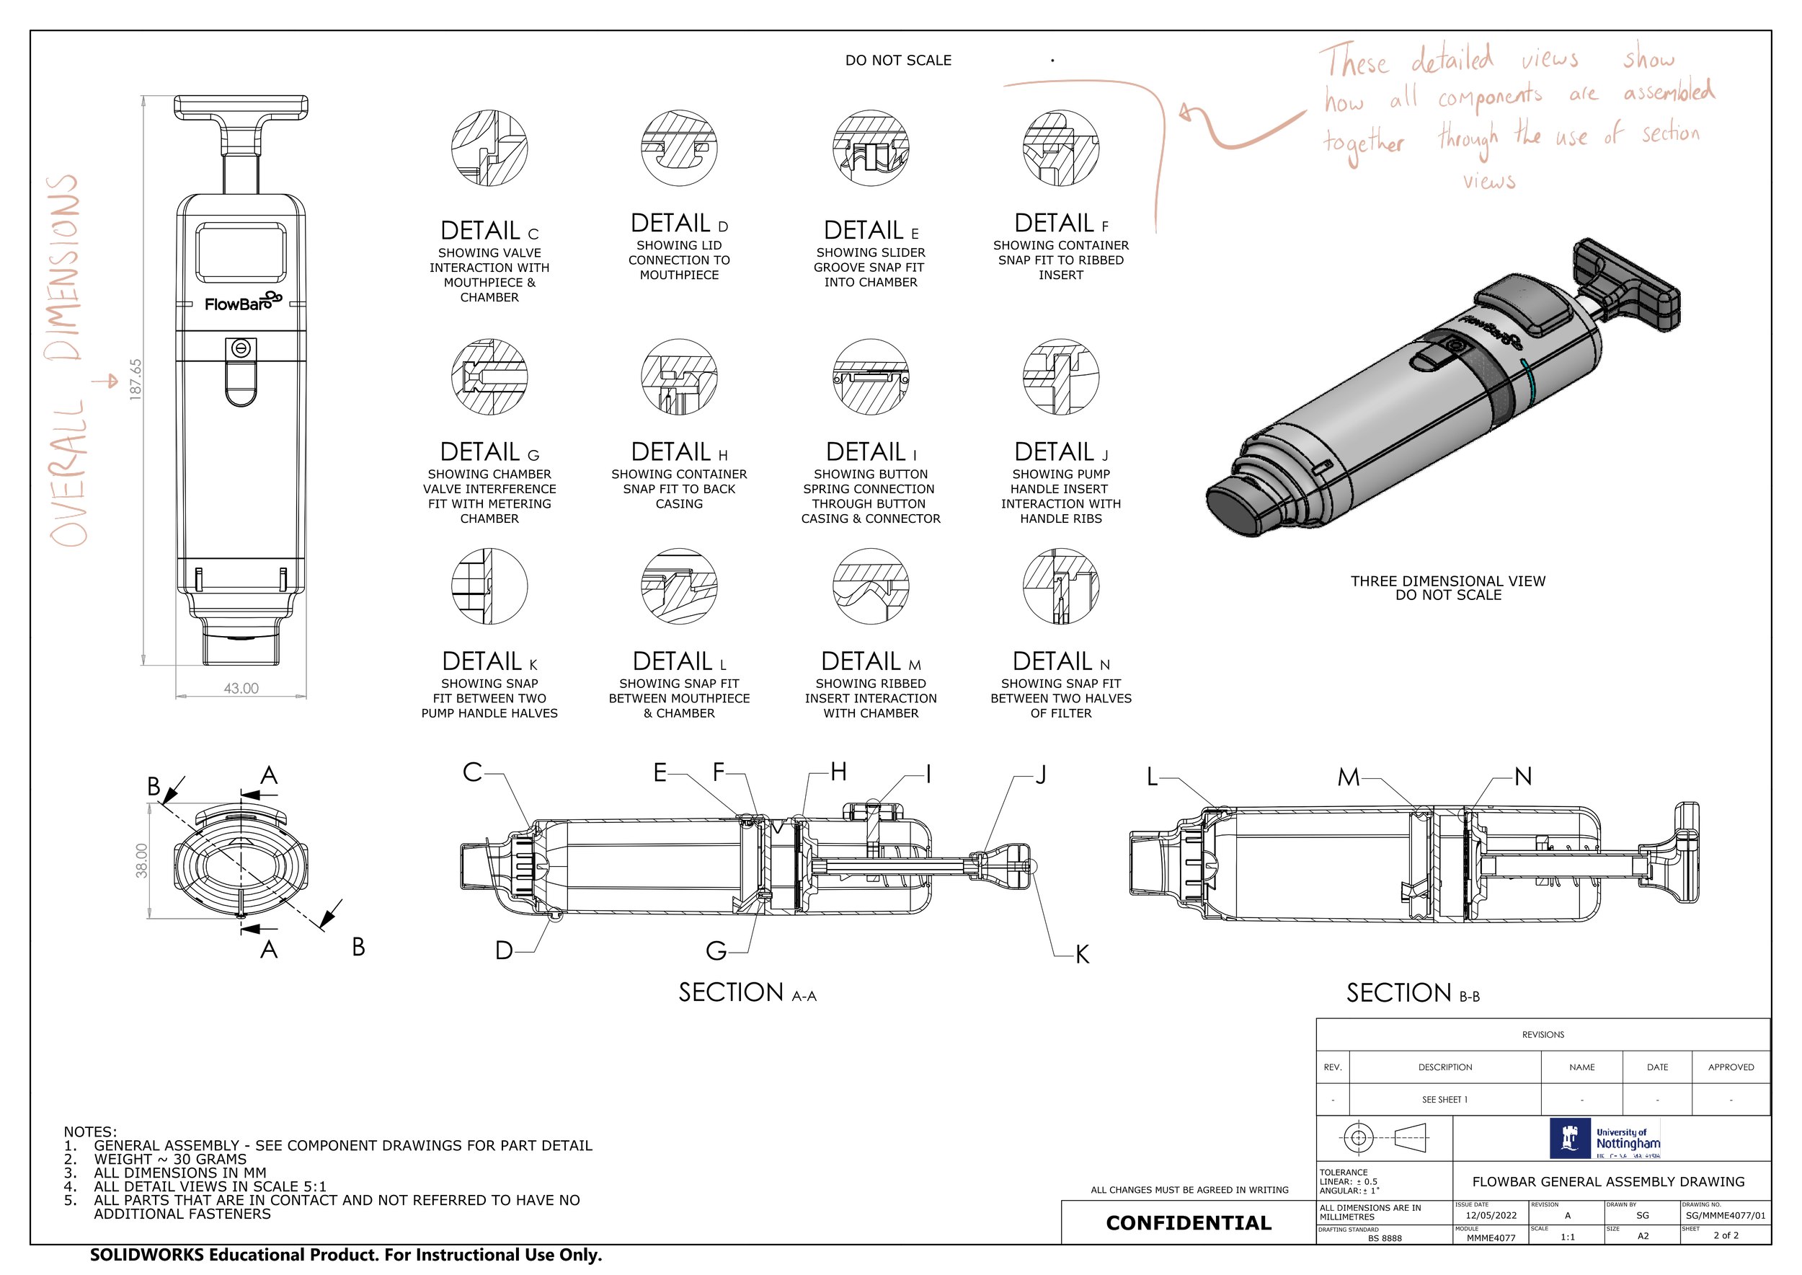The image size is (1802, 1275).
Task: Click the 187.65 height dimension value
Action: tap(136, 379)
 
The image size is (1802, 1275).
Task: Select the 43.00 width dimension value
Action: tap(241, 689)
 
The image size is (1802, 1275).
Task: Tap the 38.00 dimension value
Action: tap(141, 860)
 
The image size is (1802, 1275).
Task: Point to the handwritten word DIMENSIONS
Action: tap(63, 267)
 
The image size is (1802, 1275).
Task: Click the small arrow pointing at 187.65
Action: tap(105, 381)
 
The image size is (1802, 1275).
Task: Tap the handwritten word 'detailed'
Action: tap(1452, 60)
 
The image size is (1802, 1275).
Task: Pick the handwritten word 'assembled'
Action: tap(1669, 92)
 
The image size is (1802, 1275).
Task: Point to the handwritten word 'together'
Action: tap(1364, 144)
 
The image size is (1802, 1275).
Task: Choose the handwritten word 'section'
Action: tap(1671, 133)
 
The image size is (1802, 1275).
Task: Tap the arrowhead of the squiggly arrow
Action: tap(1185, 114)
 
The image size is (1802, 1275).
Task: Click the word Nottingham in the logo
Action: tap(1628, 1144)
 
